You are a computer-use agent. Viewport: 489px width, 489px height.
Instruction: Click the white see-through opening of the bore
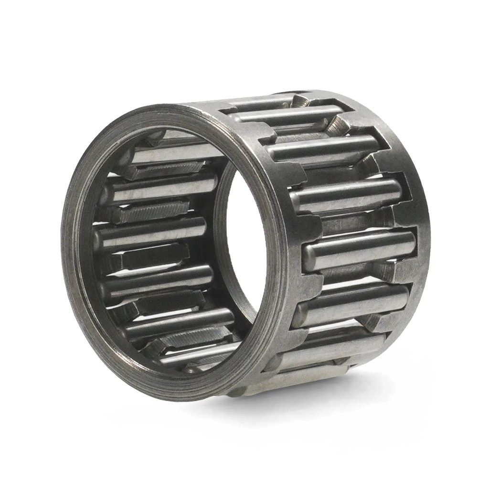click(246, 239)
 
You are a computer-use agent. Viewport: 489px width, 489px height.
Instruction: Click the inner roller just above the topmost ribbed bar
click(172, 154)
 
